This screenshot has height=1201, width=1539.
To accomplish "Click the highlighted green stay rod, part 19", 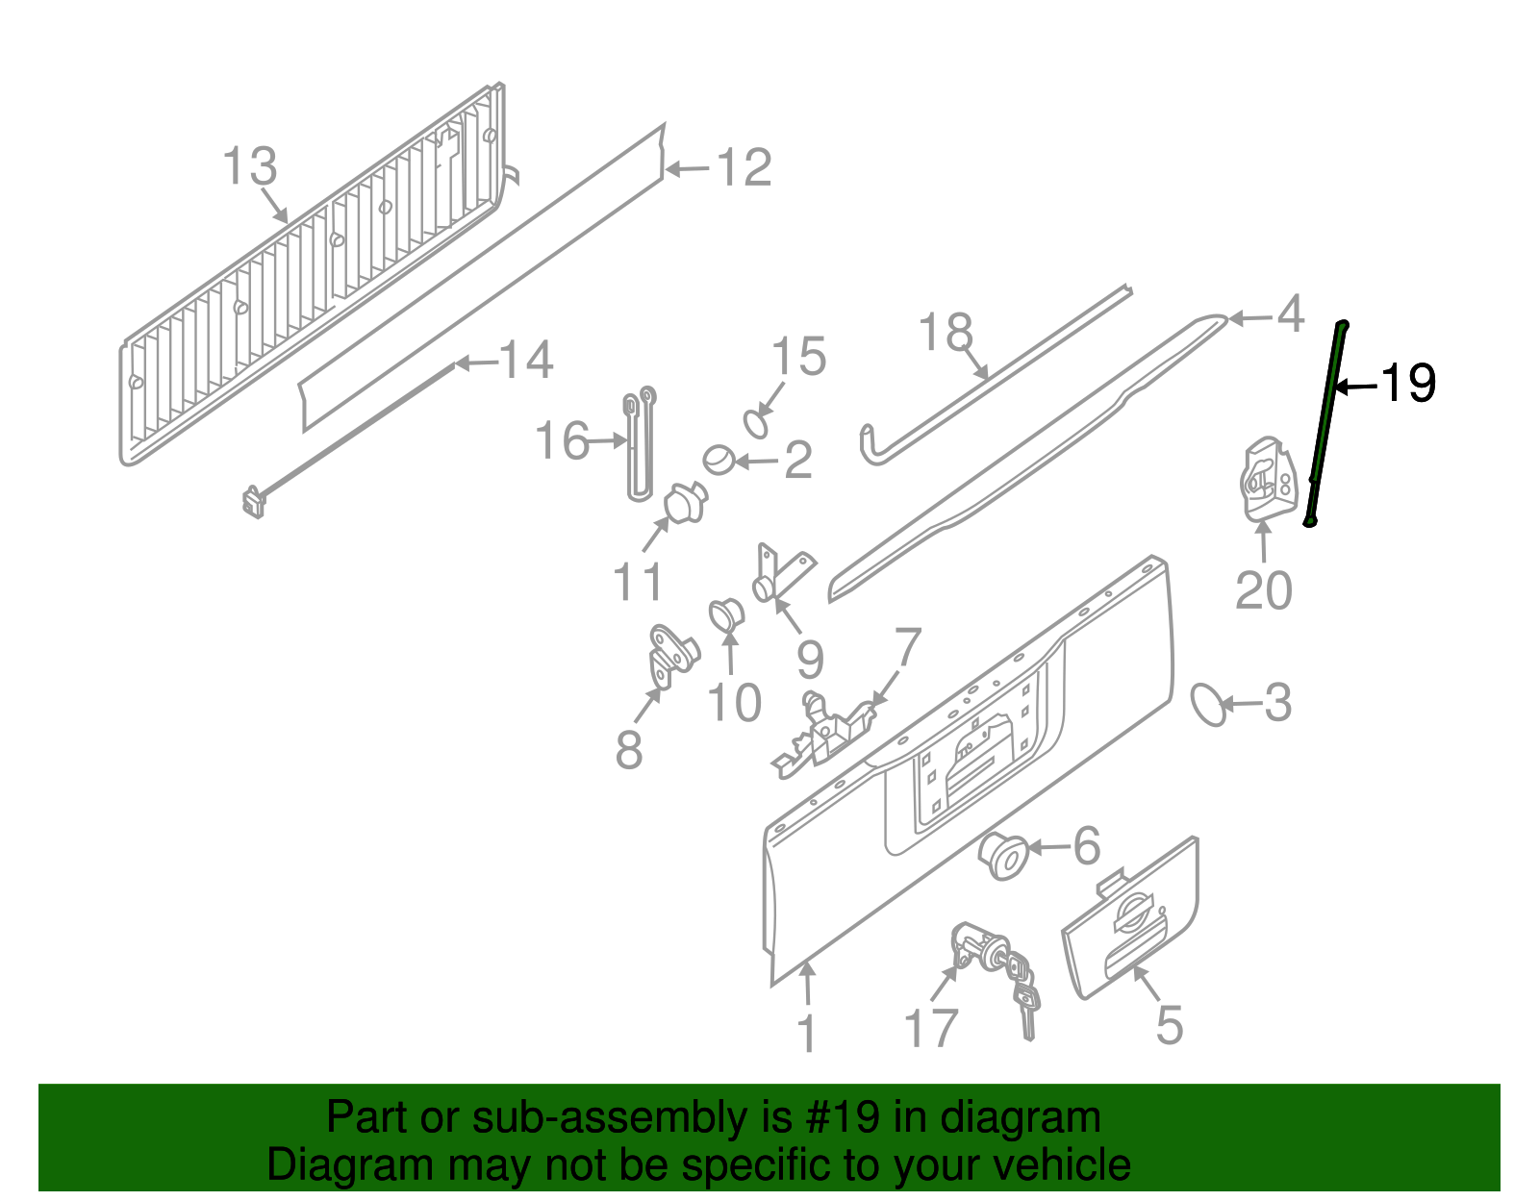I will (x=1327, y=423).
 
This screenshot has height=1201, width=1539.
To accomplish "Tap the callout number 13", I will (x=250, y=166).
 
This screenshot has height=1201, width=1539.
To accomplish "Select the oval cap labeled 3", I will (x=1208, y=704).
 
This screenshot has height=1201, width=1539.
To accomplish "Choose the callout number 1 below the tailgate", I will (x=806, y=1034).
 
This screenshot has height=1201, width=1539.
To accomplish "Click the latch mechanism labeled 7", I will (x=827, y=731).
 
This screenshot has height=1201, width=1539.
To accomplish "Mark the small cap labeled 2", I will (x=718, y=460).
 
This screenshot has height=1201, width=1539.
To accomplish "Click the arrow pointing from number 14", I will (x=477, y=363).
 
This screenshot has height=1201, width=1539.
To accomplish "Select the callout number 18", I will (x=946, y=333).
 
